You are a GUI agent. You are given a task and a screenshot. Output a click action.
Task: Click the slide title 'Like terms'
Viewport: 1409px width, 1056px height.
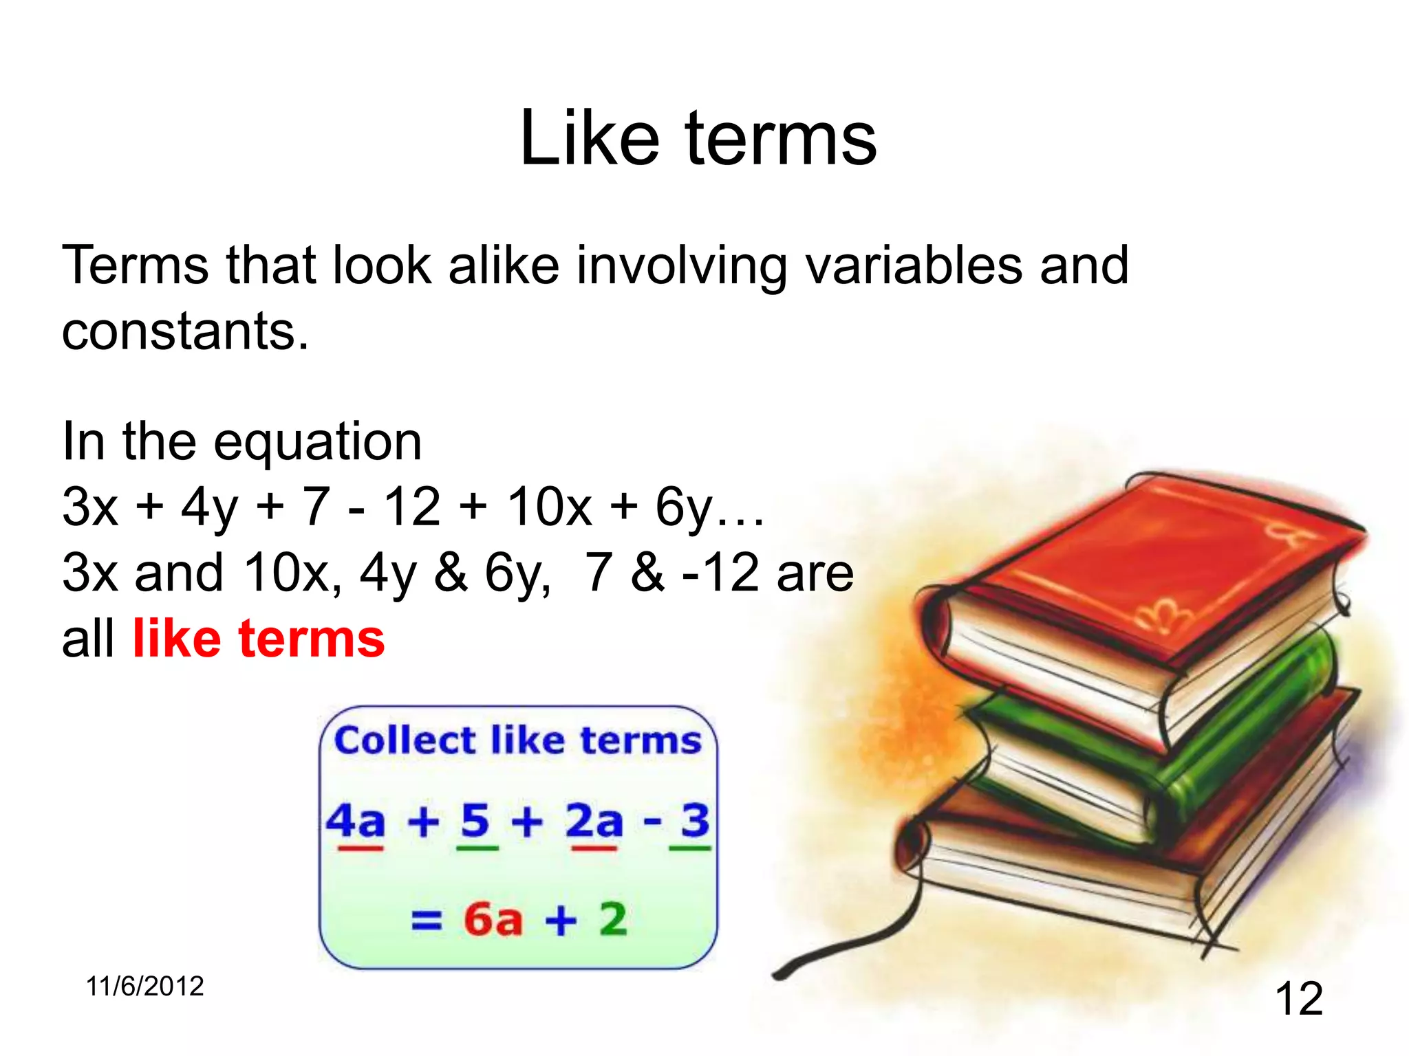coord(698,139)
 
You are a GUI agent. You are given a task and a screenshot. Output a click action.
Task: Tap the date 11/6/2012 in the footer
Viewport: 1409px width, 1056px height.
coord(144,987)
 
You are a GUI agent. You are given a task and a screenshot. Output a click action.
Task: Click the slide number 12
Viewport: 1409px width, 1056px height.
coord(1298,998)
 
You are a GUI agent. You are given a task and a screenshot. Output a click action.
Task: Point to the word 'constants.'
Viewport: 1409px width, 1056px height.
coord(185,331)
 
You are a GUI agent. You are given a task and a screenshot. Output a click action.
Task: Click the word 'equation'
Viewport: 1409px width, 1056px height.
coord(317,442)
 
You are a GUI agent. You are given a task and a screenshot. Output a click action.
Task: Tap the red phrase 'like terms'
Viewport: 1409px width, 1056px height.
coord(259,639)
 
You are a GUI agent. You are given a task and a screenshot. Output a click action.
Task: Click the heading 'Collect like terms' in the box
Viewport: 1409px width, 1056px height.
coord(517,741)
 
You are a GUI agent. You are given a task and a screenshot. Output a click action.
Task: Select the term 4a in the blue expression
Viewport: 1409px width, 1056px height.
coord(356,822)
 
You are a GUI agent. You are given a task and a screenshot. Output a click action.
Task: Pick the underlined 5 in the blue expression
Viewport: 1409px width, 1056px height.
coord(475,822)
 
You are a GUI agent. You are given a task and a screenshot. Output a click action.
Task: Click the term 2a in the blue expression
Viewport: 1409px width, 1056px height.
coord(594,822)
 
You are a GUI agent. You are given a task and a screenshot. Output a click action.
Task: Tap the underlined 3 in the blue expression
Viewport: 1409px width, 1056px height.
coord(695,820)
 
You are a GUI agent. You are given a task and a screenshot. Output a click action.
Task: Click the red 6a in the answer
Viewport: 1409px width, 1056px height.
coord(493,919)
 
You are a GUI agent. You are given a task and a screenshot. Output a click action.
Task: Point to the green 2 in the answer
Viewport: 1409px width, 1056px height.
coord(613,919)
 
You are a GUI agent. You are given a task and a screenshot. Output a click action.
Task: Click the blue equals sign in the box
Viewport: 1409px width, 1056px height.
coord(427,920)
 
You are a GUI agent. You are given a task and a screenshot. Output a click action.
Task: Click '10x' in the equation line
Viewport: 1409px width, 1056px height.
coord(549,507)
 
